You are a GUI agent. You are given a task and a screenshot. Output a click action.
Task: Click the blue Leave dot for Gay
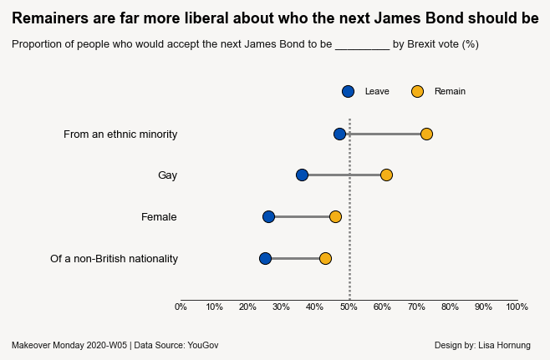[x=302, y=175]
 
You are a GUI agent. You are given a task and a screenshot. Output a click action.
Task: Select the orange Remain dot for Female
[x=335, y=216]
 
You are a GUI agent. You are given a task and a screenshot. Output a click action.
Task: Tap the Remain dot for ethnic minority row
[x=426, y=134]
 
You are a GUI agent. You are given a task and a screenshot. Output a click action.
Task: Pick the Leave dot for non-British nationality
[x=265, y=258]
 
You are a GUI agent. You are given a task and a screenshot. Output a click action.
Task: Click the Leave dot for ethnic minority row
[x=339, y=134]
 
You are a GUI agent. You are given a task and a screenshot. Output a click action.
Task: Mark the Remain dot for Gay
[x=386, y=175]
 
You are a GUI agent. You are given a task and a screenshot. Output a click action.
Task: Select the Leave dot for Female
[x=268, y=216]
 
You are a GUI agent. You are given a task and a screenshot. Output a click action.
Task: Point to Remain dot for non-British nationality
[x=325, y=258]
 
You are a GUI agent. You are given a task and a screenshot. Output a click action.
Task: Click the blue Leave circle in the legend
[x=348, y=91]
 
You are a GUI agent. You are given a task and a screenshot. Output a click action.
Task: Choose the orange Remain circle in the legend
[x=417, y=91]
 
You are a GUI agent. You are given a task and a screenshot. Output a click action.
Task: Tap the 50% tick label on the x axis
[x=349, y=307]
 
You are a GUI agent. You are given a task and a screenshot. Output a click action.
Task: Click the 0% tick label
[x=181, y=307]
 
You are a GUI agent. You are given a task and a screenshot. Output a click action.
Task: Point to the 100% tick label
[x=517, y=307]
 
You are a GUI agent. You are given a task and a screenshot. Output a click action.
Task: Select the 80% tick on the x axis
[x=450, y=307]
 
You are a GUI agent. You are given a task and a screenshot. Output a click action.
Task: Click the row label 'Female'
[x=159, y=217]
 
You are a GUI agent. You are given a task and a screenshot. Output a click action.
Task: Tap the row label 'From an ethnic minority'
[x=120, y=134]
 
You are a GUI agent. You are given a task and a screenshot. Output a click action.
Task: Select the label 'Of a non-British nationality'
[x=114, y=259]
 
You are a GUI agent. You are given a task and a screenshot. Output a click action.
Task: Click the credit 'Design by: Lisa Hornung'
[x=482, y=345]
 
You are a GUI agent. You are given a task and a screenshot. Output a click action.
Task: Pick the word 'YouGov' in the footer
[x=203, y=345]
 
